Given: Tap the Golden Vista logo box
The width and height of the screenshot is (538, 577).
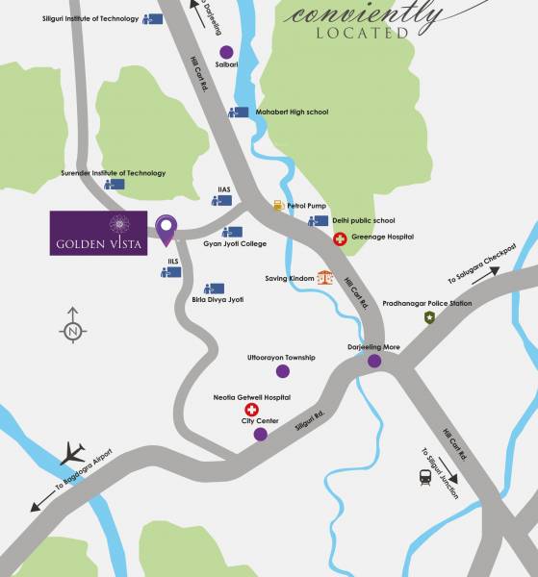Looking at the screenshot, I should pos(98,233).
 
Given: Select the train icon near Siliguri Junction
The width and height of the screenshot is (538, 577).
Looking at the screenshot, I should pos(424,476).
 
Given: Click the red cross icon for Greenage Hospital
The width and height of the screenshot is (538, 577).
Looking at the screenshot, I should pos(339,238).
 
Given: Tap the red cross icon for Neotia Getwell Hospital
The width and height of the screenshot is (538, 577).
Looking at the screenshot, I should pos(252,410).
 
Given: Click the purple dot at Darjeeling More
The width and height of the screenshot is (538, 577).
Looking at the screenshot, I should pos(373,362).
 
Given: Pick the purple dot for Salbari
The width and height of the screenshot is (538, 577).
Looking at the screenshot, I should pos(226,52).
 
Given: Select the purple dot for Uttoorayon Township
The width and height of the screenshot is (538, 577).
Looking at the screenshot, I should pos(282,371).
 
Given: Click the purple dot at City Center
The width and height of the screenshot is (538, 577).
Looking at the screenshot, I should pos(261,435).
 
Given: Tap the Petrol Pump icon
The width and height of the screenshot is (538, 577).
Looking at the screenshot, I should pos(277,205).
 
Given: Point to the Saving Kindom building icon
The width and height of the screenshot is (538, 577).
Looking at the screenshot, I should pos(325,278).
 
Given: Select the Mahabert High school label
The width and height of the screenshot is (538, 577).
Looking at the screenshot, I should pos(292,113).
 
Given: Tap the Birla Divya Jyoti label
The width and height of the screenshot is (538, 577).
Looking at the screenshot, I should pos(224,300).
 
